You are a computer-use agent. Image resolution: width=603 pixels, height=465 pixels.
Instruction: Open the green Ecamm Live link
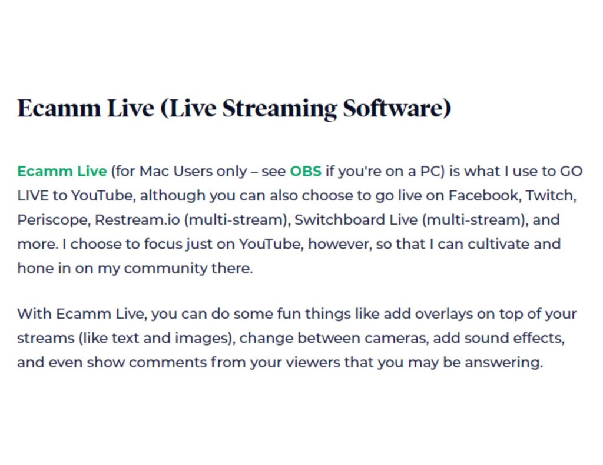click(x=62, y=171)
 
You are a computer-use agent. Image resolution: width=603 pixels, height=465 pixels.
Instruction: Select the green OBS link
click(x=306, y=171)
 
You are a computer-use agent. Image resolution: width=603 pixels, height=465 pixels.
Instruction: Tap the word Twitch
click(x=551, y=195)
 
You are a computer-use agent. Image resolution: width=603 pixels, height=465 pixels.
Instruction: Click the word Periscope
click(x=53, y=220)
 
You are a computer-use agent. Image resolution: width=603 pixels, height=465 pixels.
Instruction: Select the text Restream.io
click(x=137, y=220)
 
